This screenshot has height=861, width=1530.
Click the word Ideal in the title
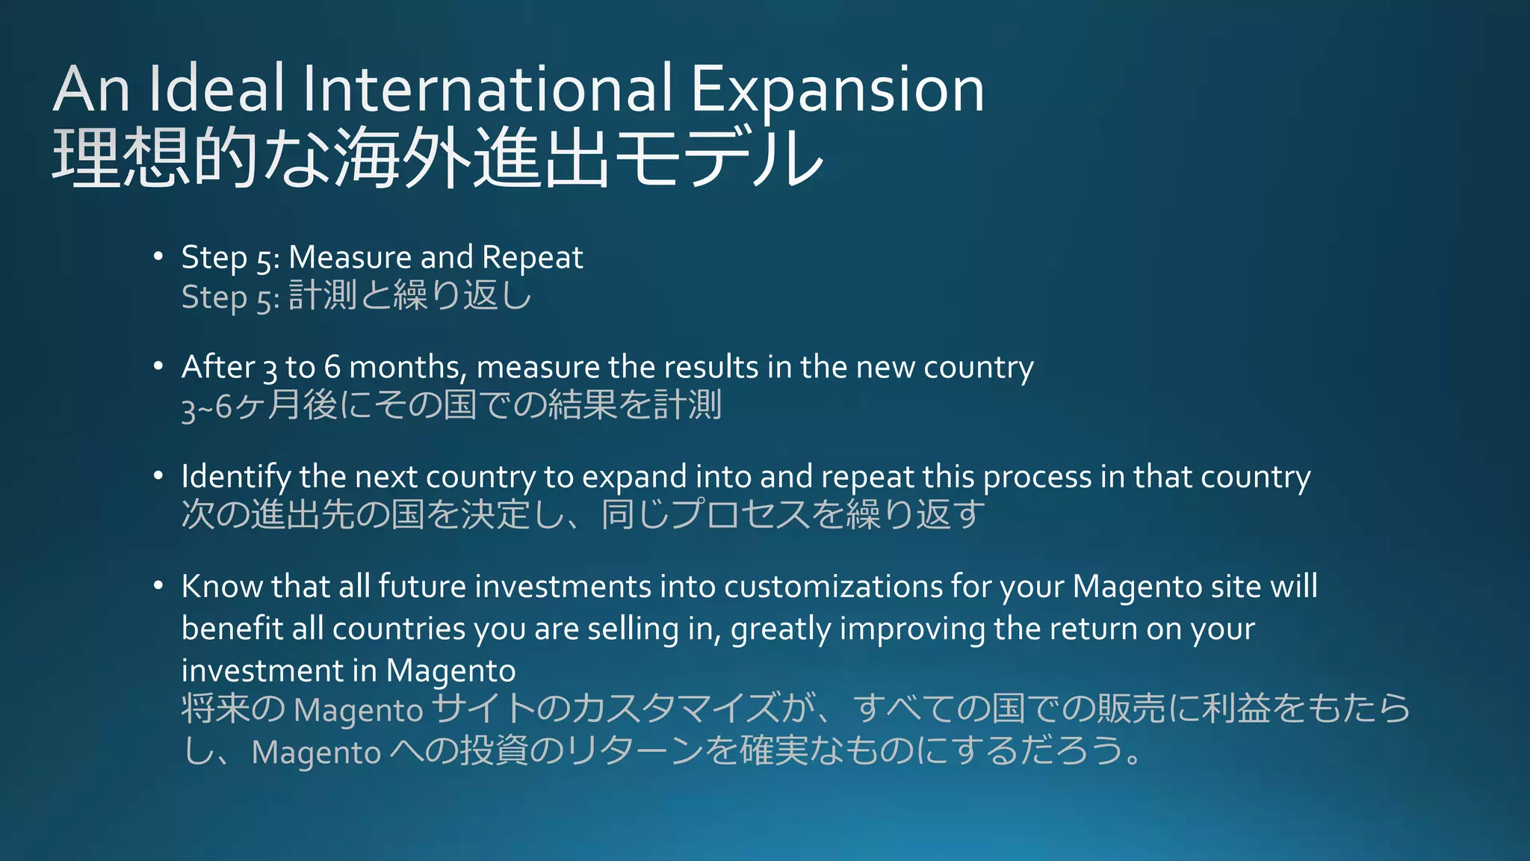[x=217, y=89]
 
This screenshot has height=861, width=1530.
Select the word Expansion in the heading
[x=837, y=89]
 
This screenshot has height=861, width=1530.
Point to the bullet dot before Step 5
[x=158, y=257]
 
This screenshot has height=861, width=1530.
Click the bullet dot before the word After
[x=158, y=366]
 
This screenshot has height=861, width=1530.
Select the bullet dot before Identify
[x=158, y=476]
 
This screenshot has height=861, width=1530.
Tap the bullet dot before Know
[x=158, y=586]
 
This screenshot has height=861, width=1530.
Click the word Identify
[x=236, y=477]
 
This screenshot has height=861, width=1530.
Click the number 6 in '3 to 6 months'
[x=332, y=367]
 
